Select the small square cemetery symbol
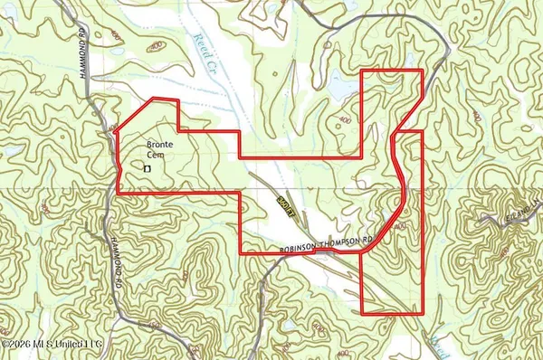[x=147, y=167]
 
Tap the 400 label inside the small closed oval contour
[x=157, y=44]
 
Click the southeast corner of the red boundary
[x=423, y=313]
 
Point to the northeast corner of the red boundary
[x=423, y=71]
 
